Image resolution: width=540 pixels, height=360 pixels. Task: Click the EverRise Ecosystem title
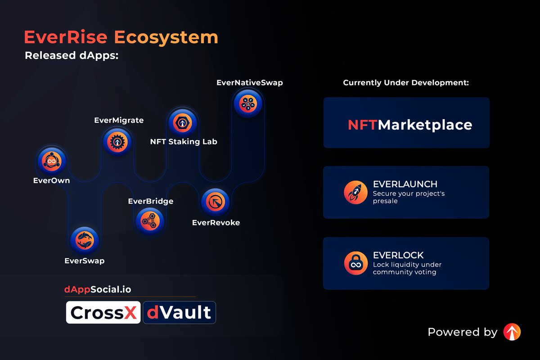coord(121,37)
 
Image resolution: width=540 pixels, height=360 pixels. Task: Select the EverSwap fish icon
coord(85,239)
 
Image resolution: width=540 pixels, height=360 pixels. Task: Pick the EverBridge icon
coord(150,220)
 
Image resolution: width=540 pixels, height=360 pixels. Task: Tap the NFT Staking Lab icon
coord(183,122)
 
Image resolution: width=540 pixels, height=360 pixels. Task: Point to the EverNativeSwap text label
coord(249,83)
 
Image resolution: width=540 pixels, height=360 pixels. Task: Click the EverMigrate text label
coord(119,120)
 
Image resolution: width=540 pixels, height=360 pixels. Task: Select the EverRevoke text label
coord(216,222)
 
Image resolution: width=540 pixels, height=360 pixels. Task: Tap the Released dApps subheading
coord(71,56)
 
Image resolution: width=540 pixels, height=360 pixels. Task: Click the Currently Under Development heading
coord(406,83)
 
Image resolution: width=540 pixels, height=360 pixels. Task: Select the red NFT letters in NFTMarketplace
coord(362,125)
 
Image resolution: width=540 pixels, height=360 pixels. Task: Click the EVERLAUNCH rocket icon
coord(355,193)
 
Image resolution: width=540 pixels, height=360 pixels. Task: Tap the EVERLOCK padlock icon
coord(355,263)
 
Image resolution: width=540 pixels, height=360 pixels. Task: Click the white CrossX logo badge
coord(103,312)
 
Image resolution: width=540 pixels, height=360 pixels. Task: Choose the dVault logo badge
coord(179,312)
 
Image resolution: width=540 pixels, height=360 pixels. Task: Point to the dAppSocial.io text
coord(98,289)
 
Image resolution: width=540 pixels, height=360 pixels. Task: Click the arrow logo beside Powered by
coord(512,332)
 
